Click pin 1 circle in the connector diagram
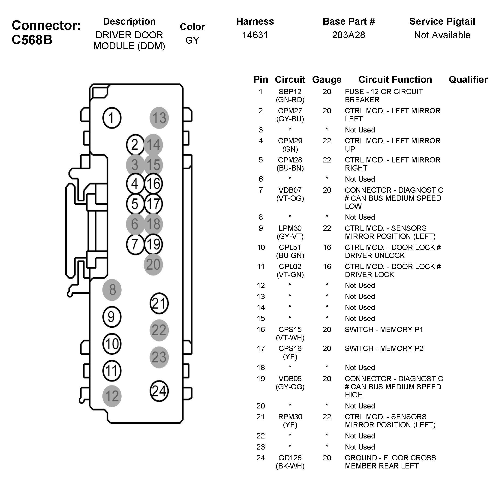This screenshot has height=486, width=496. [x=111, y=118]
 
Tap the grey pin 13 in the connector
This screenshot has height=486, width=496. [x=159, y=118]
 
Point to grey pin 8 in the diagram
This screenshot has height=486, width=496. [x=112, y=290]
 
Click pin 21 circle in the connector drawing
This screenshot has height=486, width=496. [x=159, y=303]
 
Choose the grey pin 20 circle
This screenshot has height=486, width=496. [x=153, y=264]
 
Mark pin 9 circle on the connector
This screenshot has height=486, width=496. [x=111, y=317]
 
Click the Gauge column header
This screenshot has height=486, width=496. [x=327, y=80]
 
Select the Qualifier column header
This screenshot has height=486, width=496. [x=468, y=80]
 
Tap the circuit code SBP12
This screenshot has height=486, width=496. [x=290, y=92]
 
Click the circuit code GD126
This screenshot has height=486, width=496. [x=290, y=458]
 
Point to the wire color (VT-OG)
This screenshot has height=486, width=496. [x=290, y=198]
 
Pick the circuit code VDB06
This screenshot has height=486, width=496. [x=290, y=378]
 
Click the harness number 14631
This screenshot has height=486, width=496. [x=255, y=35]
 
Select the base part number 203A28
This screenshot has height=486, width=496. [x=349, y=35]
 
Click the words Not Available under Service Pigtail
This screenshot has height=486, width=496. [x=442, y=35]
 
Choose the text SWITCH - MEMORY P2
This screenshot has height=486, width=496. [x=384, y=348]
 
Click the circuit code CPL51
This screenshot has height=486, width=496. [x=290, y=247]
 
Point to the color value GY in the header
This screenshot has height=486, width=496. [x=192, y=40]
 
